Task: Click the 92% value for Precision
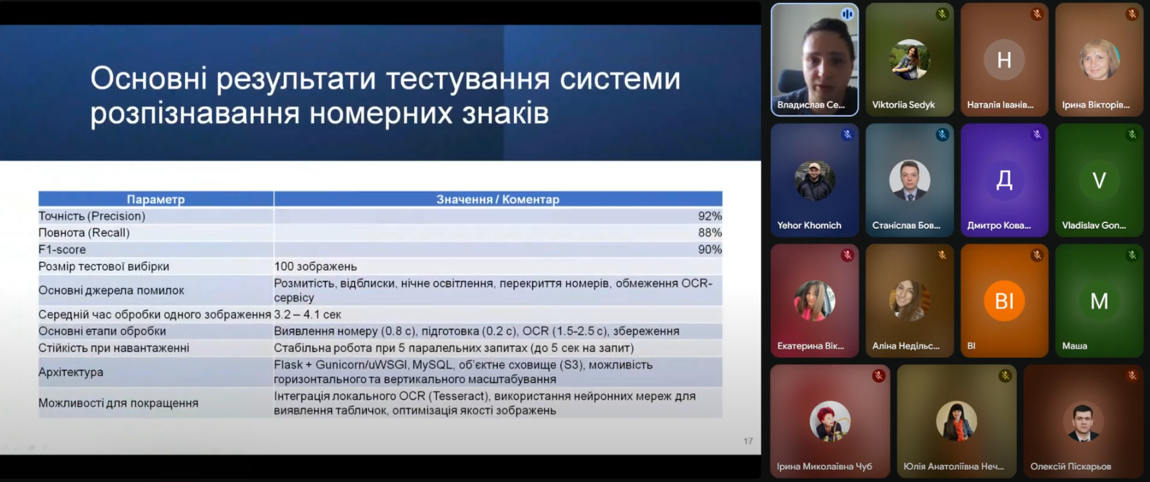click(709, 216)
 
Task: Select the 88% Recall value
click(709, 233)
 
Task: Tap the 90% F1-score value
click(709, 249)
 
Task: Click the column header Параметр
click(155, 199)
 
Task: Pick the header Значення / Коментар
click(497, 199)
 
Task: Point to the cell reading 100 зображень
click(316, 266)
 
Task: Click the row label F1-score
click(62, 249)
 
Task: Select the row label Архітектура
click(71, 372)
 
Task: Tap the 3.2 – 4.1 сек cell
click(307, 314)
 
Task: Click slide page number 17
click(748, 441)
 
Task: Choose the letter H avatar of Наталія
click(1004, 59)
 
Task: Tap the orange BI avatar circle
click(1004, 301)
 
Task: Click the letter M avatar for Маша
click(1099, 301)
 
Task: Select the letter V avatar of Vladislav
click(1099, 180)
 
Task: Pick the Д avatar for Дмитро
click(1004, 180)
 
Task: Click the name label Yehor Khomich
click(809, 225)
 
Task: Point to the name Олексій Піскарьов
click(1070, 466)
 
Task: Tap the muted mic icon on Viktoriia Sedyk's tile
click(942, 14)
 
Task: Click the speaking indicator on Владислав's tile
click(847, 14)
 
